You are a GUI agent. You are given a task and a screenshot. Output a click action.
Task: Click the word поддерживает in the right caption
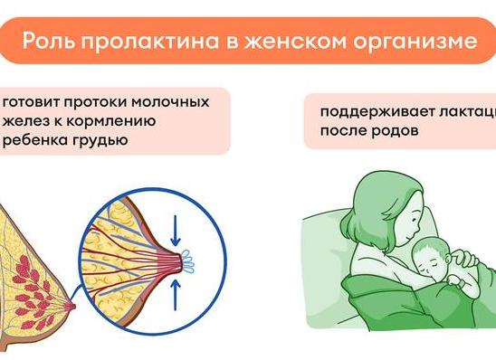click(x=366, y=113)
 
